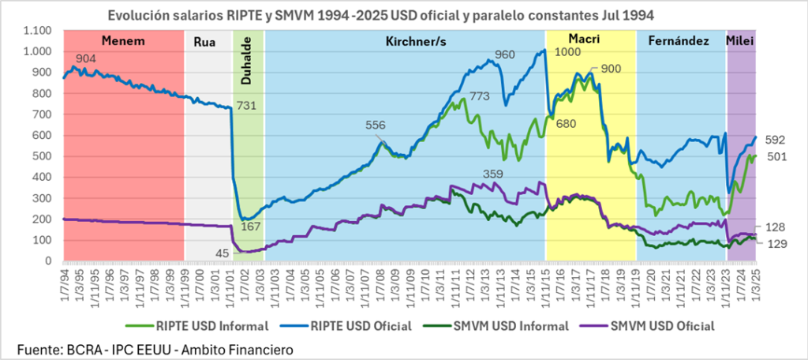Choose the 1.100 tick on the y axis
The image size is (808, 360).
click(36, 30)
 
